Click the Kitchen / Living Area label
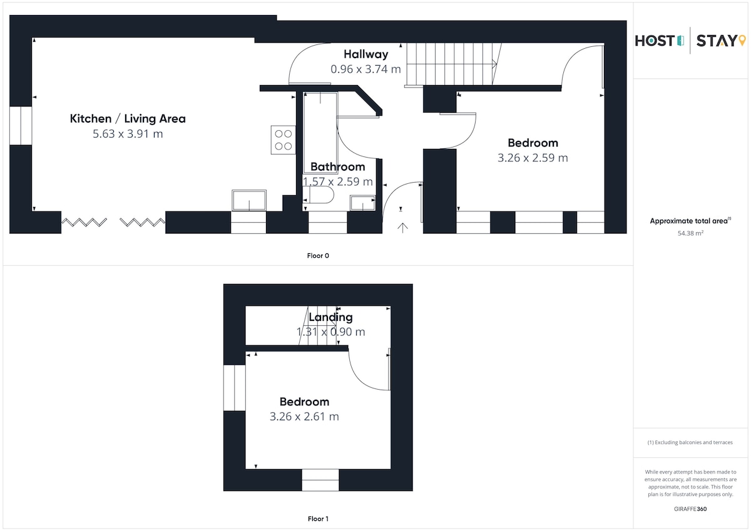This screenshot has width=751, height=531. pyautogui.click(x=128, y=119)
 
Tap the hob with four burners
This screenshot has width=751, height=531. pyautogui.click(x=284, y=139)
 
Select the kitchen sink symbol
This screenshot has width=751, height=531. pyautogui.click(x=249, y=200)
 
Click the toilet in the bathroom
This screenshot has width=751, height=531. pyautogui.click(x=318, y=195)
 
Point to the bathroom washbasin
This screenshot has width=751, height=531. pyautogui.click(x=362, y=203)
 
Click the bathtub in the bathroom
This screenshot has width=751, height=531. pyautogui.click(x=320, y=133)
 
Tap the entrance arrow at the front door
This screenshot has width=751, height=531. pyautogui.click(x=402, y=228)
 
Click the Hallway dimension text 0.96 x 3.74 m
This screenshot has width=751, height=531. pyautogui.click(x=365, y=69)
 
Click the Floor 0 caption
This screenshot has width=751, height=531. pyautogui.click(x=318, y=256)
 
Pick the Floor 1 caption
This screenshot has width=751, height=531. pyautogui.click(x=318, y=518)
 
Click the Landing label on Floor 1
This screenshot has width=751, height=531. pyautogui.click(x=330, y=317)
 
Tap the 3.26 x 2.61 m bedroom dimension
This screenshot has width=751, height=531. pyautogui.click(x=304, y=417)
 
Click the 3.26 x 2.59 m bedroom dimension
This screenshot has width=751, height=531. pyautogui.click(x=533, y=158)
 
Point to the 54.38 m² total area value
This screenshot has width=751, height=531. pyautogui.click(x=690, y=233)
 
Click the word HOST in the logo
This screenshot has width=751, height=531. pyautogui.click(x=655, y=41)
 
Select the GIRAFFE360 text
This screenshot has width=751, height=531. pyautogui.click(x=690, y=509)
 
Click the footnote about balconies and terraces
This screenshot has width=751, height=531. pyautogui.click(x=690, y=442)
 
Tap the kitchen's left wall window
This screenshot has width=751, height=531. pyautogui.click(x=21, y=126)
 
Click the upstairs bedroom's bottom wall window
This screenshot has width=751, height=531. pyautogui.click(x=320, y=480)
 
